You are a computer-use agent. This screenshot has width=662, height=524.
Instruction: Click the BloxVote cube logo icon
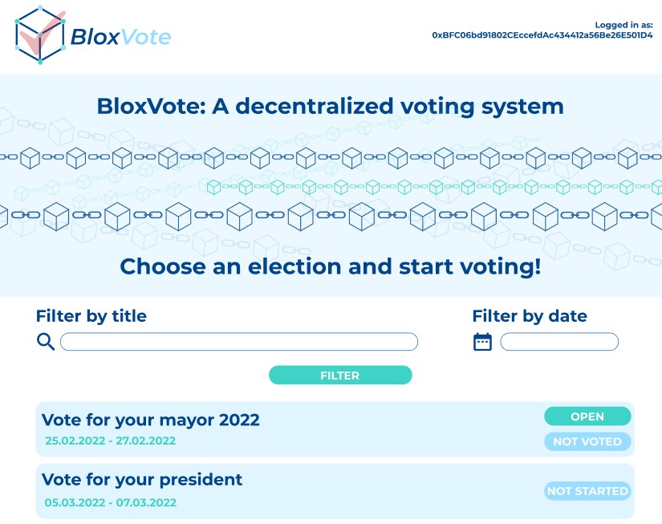coord(39,35)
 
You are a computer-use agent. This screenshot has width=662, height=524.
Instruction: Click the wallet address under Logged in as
coord(542,36)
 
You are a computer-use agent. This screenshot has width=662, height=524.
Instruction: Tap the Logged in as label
coord(623,25)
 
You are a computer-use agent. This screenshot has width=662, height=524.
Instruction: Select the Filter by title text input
coord(239,342)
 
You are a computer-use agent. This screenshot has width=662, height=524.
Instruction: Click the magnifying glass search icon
coord(47,342)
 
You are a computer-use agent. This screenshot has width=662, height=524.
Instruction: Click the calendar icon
coord(482,342)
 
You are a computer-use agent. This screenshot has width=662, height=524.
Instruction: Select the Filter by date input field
coord(559,342)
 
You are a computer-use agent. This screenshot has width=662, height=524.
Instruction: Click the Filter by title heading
coord(91,316)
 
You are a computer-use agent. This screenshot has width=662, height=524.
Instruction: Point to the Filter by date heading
coord(530,316)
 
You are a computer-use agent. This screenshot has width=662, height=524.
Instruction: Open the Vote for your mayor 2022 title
coord(151,420)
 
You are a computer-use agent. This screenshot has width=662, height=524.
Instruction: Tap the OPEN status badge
coord(587,416)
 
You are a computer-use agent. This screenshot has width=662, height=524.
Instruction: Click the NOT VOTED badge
coord(587,441)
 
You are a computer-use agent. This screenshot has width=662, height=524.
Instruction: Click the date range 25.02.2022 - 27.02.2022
coord(110,441)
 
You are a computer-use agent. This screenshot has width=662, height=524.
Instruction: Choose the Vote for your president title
coord(142,480)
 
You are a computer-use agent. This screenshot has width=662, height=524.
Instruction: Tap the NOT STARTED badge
coord(587,491)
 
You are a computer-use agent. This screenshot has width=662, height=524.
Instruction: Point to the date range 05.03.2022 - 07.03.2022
coord(110,503)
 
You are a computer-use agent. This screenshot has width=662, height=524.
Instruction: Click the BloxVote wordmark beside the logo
coord(120,37)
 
